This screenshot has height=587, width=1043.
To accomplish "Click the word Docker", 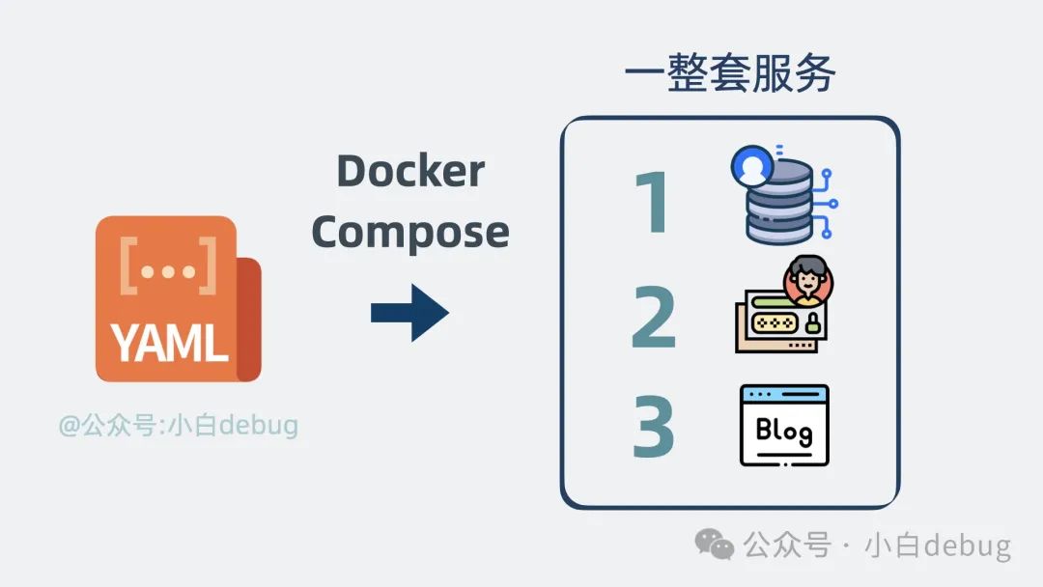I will pos(410,172).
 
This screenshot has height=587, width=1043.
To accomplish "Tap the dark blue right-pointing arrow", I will pos(409,312).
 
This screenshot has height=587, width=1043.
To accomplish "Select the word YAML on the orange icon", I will pos(169,342).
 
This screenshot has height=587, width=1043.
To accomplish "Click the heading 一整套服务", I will pos(729,74).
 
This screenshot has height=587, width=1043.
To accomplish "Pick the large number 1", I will pos(654,204).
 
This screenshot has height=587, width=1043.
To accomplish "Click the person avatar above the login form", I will pos(808,281).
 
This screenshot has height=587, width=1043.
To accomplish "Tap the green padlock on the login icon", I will pos(812,322).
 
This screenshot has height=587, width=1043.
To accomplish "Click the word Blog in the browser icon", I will pos(783,431).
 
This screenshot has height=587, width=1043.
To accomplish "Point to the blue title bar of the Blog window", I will pos(783,394).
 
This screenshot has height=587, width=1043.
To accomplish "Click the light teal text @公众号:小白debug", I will pos(178,425).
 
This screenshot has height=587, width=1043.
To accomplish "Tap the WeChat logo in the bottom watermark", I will pos(716,545).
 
